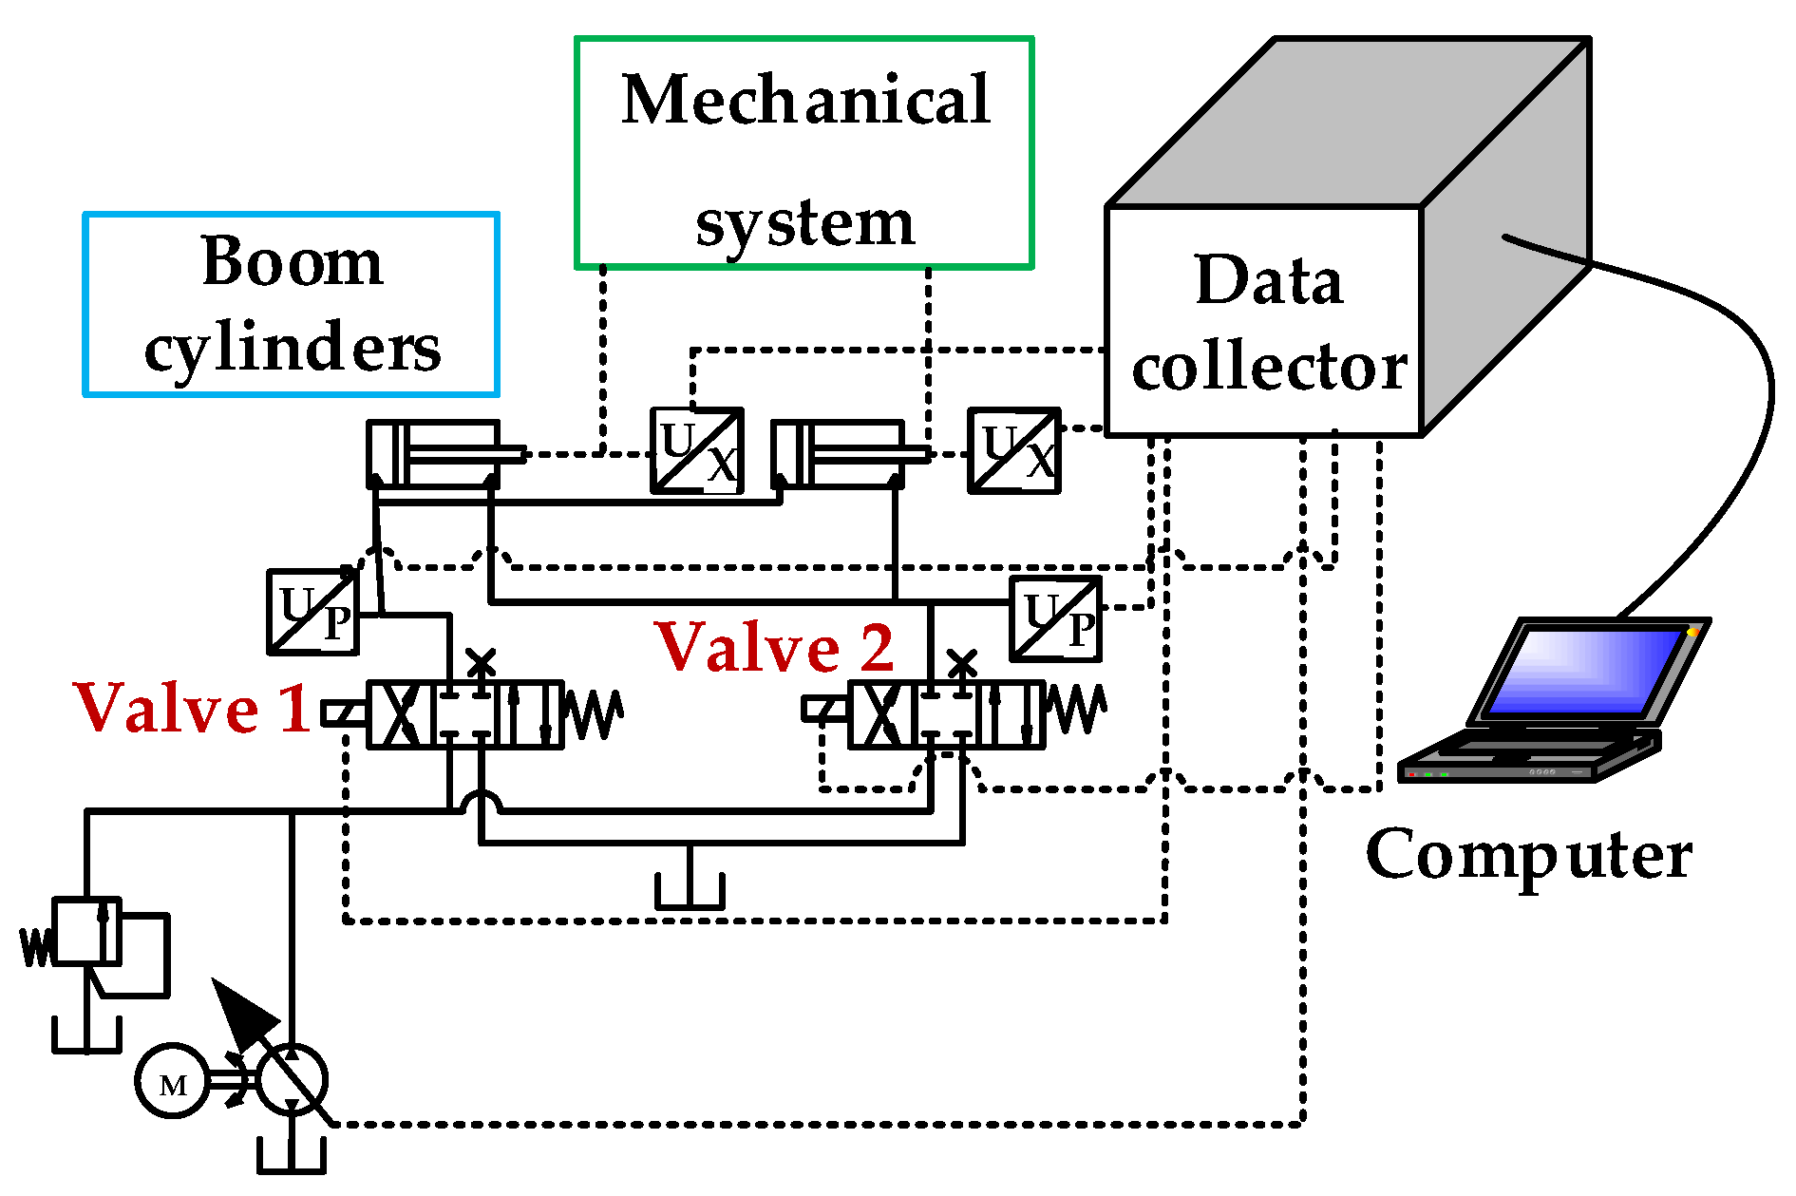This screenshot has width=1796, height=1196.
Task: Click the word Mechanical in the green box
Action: tap(805, 101)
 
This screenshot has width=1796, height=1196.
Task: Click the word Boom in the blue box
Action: tap(293, 262)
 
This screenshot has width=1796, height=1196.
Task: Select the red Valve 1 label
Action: tap(193, 709)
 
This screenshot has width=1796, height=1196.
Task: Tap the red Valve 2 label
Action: tap(774, 648)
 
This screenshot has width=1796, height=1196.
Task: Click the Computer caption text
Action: tap(1528, 855)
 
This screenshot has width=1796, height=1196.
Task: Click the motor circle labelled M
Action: tap(172, 1082)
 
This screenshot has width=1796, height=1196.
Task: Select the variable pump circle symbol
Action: tap(293, 1080)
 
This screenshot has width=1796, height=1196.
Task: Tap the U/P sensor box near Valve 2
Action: tap(1055, 619)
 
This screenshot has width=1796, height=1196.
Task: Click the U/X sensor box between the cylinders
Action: tap(697, 451)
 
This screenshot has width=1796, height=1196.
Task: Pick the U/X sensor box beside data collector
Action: tap(1013, 451)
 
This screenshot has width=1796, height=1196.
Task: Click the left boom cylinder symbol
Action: tap(434, 455)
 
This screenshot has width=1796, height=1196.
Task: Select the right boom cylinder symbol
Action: tap(838, 455)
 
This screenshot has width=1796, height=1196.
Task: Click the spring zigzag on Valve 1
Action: tap(594, 714)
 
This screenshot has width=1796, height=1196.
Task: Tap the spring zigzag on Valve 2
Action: tap(1075, 710)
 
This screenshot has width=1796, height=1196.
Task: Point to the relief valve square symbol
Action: tap(86, 931)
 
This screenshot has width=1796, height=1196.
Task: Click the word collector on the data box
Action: tap(1269, 369)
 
